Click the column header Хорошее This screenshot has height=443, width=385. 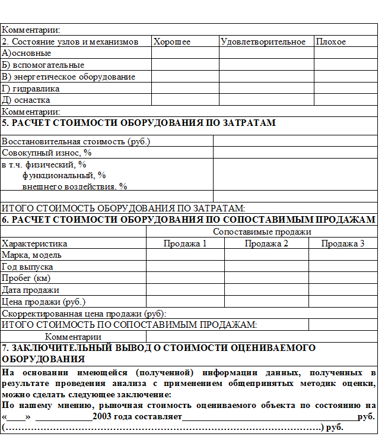click(172, 42)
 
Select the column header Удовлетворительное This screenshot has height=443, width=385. click(263, 42)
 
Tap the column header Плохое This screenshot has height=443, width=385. click(331, 42)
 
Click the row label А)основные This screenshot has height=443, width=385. click(26, 53)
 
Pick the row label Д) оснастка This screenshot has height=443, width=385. click(26, 100)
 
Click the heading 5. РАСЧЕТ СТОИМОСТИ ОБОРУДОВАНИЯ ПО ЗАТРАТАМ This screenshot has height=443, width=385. click(139, 123)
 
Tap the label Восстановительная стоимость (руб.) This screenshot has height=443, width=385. click(76, 141)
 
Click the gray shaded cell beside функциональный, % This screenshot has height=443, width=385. click(295, 179)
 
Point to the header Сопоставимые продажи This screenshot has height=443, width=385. click(262, 232)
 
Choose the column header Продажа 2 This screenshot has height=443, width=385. click(266, 243)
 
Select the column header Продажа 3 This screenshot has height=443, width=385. click(343, 243)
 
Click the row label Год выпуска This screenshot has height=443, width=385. click(28, 267)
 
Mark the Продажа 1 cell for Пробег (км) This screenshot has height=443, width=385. click(185, 278)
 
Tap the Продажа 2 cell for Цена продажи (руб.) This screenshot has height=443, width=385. click(266, 301)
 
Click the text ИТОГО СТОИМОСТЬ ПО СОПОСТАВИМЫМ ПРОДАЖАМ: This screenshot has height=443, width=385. click(129, 324)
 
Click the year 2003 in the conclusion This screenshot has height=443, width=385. click(104, 417)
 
